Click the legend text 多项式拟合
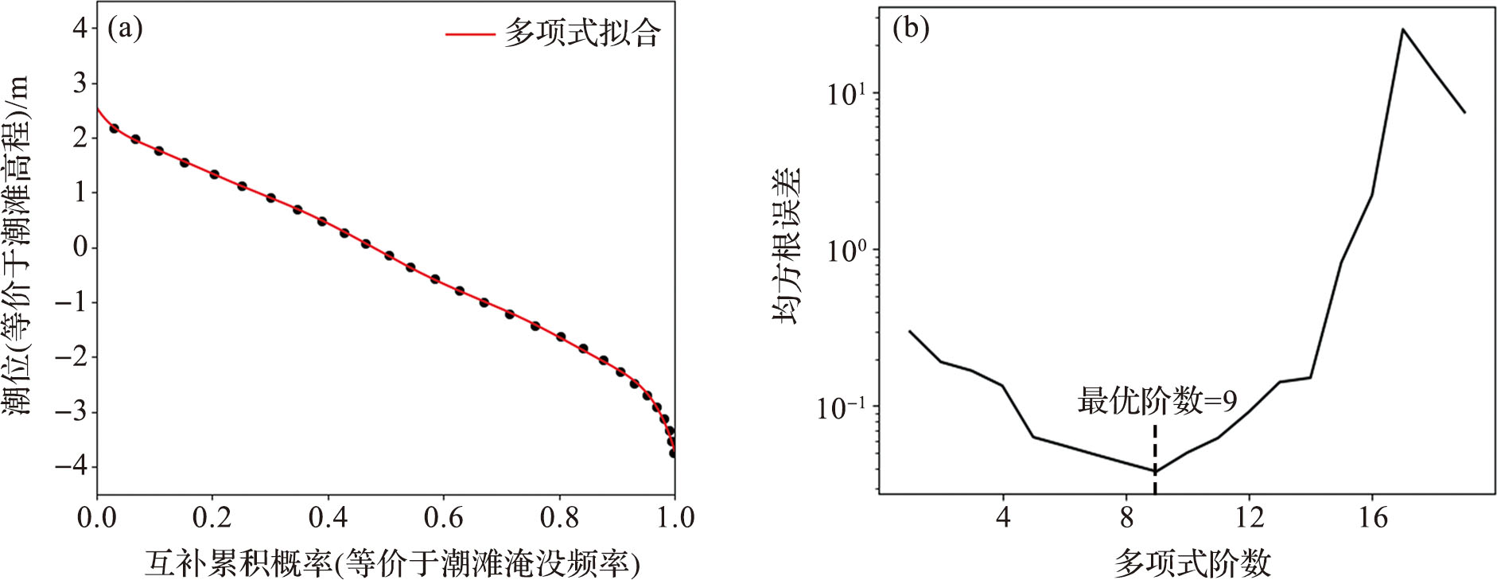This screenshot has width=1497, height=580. [x=581, y=33]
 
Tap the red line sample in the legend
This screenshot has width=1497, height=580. [x=469, y=34]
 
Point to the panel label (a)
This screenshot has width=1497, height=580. [x=125, y=29]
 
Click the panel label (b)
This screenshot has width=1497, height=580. [x=911, y=29]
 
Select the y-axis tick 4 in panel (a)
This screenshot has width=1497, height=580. [x=80, y=29]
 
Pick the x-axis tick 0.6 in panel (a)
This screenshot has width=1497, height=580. [x=444, y=519]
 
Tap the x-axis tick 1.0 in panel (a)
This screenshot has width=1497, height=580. [x=675, y=519]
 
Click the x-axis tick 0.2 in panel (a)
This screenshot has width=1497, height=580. [x=212, y=519]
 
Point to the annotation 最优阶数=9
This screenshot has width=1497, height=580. [x=1157, y=401]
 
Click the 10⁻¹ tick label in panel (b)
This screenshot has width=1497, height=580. [x=842, y=408]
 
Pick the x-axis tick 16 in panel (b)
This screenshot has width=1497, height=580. [x=1373, y=519]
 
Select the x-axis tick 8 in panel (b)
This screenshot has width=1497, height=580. [x=1126, y=519]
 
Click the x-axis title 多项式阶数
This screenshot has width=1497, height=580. [x=1192, y=563]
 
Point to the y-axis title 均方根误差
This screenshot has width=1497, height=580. [x=787, y=246]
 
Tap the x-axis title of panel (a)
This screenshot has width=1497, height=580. [x=392, y=563]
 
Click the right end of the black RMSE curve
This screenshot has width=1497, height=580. [x=1464, y=112]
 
